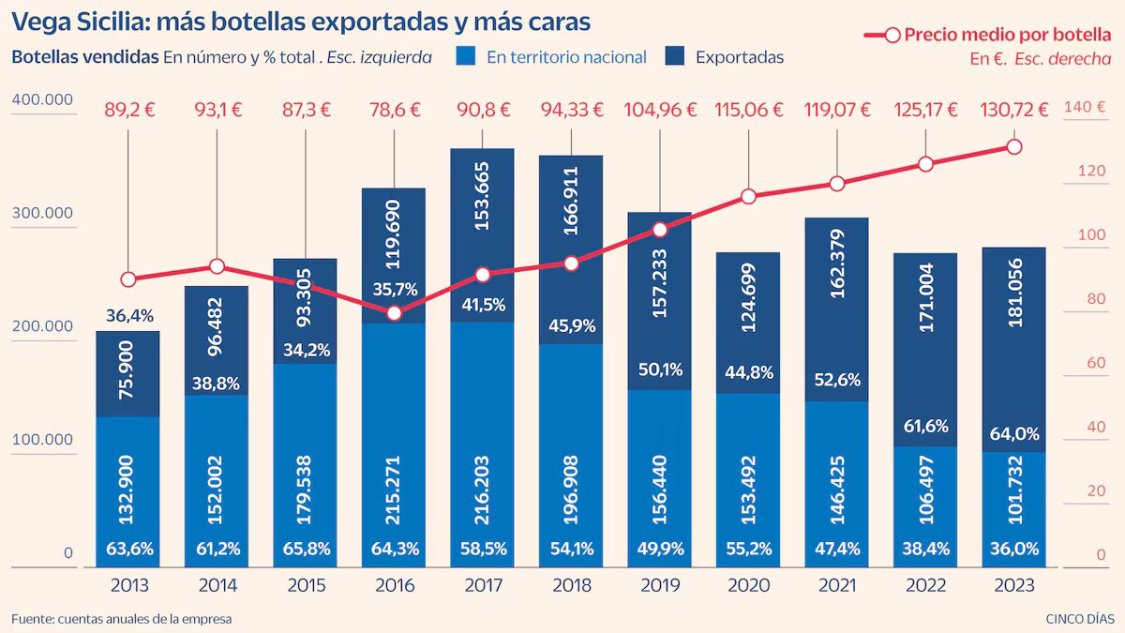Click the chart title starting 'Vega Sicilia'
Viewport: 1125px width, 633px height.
click(x=301, y=20)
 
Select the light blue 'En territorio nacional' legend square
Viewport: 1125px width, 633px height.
click(x=467, y=56)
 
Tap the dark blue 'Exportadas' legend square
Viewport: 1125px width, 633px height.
click(x=675, y=56)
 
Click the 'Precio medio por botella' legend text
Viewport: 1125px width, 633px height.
click(x=1008, y=35)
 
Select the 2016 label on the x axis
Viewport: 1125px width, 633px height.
click(x=394, y=585)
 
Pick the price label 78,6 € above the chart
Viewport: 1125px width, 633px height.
click(x=394, y=110)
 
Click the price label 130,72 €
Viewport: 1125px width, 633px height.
click(x=1013, y=110)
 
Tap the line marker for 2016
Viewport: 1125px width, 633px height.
click(x=394, y=313)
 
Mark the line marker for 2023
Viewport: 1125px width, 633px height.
click(x=1013, y=146)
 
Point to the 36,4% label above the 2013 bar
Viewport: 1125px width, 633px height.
click(x=127, y=316)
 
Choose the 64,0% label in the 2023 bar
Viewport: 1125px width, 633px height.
click(x=1013, y=434)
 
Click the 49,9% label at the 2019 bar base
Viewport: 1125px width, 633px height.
click(x=660, y=548)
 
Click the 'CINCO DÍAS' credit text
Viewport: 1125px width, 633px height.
click(x=1080, y=619)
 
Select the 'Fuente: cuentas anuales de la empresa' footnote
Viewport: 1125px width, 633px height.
click(x=121, y=619)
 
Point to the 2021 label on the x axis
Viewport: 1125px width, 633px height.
click(x=836, y=585)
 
